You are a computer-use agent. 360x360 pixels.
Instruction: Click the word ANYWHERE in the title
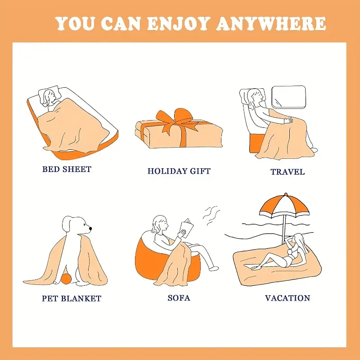pyautogui.click(x=271, y=23)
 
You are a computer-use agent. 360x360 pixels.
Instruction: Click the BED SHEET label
pyautogui.click(x=67, y=169)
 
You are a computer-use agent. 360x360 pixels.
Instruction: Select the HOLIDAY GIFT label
pyautogui.click(x=179, y=171)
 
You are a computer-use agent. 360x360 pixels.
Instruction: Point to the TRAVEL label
pyautogui.click(x=288, y=172)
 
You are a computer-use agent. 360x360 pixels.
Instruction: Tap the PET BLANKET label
pyautogui.click(x=72, y=298)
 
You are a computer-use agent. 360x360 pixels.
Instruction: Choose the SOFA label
pyautogui.click(x=179, y=298)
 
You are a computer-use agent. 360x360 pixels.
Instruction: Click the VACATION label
pyautogui.click(x=288, y=298)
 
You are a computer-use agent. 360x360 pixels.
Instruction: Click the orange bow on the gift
pyautogui.click(x=177, y=121)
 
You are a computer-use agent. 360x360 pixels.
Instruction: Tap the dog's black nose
pyautogui.click(x=90, y=229)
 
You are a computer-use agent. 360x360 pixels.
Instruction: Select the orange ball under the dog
pyautogui.click(x=66, y=279)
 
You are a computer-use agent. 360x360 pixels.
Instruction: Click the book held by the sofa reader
pyautogui.click(x=186, y=228)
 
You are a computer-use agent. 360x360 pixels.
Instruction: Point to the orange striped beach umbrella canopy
pyautogui.click(x=284, y=206)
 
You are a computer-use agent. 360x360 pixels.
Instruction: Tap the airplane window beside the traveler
pyautogui.click(x=289, y=97)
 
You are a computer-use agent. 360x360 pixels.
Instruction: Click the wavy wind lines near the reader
pyautogui.click(x=211, y=216)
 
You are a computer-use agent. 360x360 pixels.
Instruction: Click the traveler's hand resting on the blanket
pyautogui.click(x=289, y=120)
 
